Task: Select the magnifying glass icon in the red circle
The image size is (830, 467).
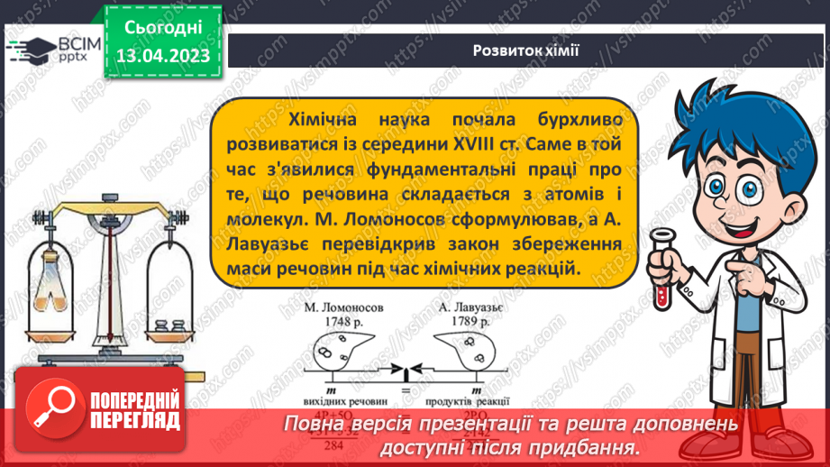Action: click(x=50, y=407)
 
